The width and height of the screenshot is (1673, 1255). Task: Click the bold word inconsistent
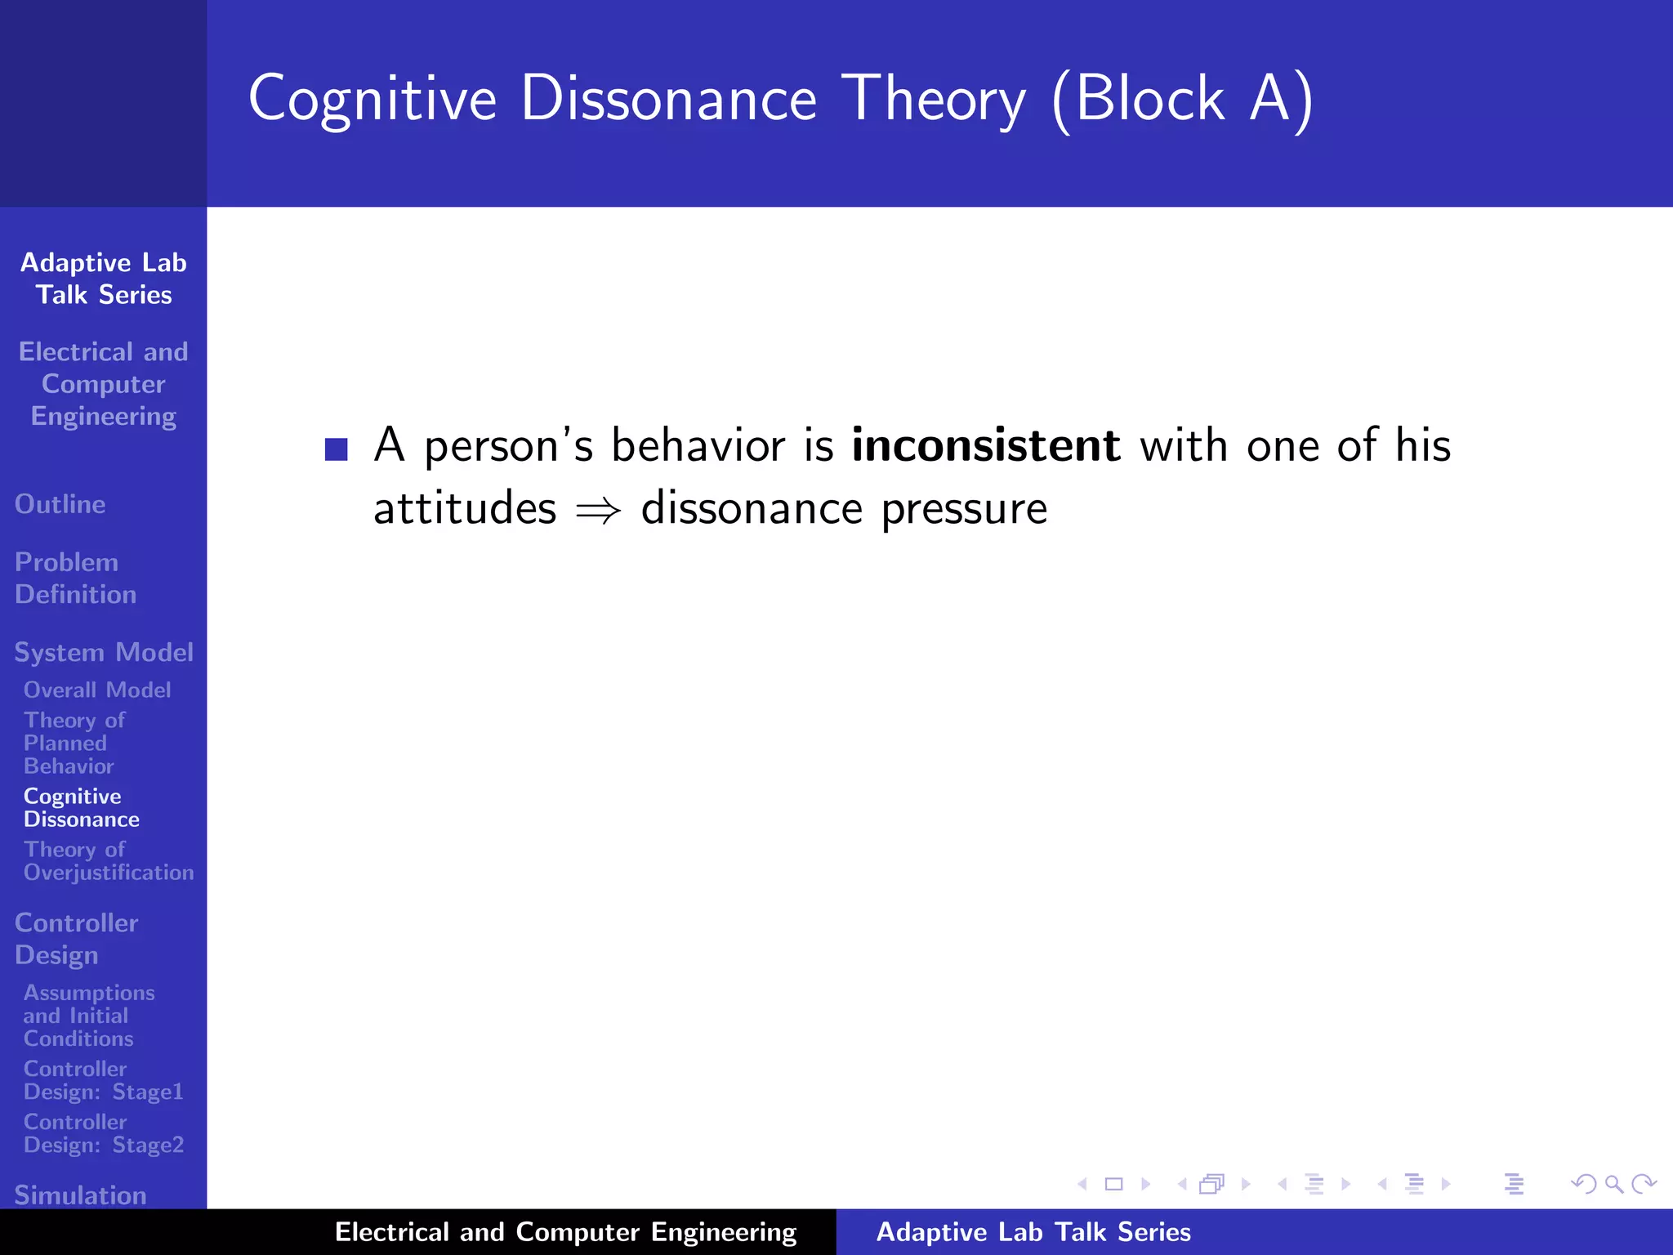click(x=985, y=446)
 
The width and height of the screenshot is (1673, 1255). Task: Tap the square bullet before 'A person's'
click(x=337, y=449)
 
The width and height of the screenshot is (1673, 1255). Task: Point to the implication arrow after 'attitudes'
click(x=598, y=511)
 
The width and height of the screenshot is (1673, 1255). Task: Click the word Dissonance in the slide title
click(x=668, y=98)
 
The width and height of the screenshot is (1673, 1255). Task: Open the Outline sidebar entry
click(x=60, y=504)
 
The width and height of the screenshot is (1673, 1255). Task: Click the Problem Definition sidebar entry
click(x=75, y=578)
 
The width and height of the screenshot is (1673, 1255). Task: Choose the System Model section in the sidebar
click(x=104, y=652)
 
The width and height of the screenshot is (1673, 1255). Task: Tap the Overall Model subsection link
click(x=97, y=690)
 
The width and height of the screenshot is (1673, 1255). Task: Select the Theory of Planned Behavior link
click(x=74, y=743)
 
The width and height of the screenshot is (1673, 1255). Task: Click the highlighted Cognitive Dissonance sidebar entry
click(x=81, y=807)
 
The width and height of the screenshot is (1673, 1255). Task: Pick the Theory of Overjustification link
click(x=108, y=861)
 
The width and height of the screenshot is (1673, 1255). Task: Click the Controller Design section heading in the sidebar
click(x=76, y=939)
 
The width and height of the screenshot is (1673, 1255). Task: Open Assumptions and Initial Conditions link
click(x=88, y=1016)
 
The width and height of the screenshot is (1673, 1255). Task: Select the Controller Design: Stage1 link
click(x=103, y=1080)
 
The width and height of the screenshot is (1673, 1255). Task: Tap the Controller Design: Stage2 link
click(x=103, y=1133)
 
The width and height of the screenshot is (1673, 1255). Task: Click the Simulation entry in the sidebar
click(x=80, y=1195)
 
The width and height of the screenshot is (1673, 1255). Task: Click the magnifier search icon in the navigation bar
click(x=1613, y=1184)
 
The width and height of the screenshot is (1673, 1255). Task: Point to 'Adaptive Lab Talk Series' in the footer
click(x=1033, y=1232)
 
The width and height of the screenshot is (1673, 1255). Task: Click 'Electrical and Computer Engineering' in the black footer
click(x=565, y=1232)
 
